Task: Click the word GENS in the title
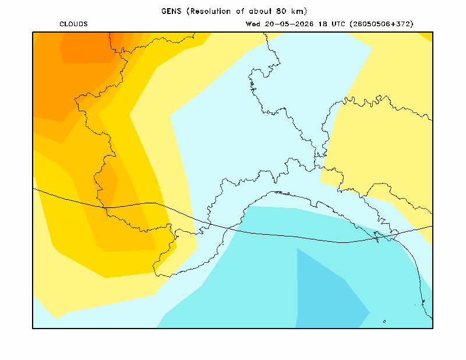tap(171, 11)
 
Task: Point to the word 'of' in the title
tap(240, 11)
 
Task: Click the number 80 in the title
tap(281, 11)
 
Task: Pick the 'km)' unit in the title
tap(299, 11)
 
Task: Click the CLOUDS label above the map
tap(73, 24)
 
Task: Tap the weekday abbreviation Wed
tap(253, 24)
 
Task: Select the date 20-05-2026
tap(289, 24)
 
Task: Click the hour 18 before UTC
tap(323, 24)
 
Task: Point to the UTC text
tap(338, 24)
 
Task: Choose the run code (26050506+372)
tap(382, 24)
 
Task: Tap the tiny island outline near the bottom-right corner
tap(384, 322)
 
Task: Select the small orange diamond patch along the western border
tap(108, 185)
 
